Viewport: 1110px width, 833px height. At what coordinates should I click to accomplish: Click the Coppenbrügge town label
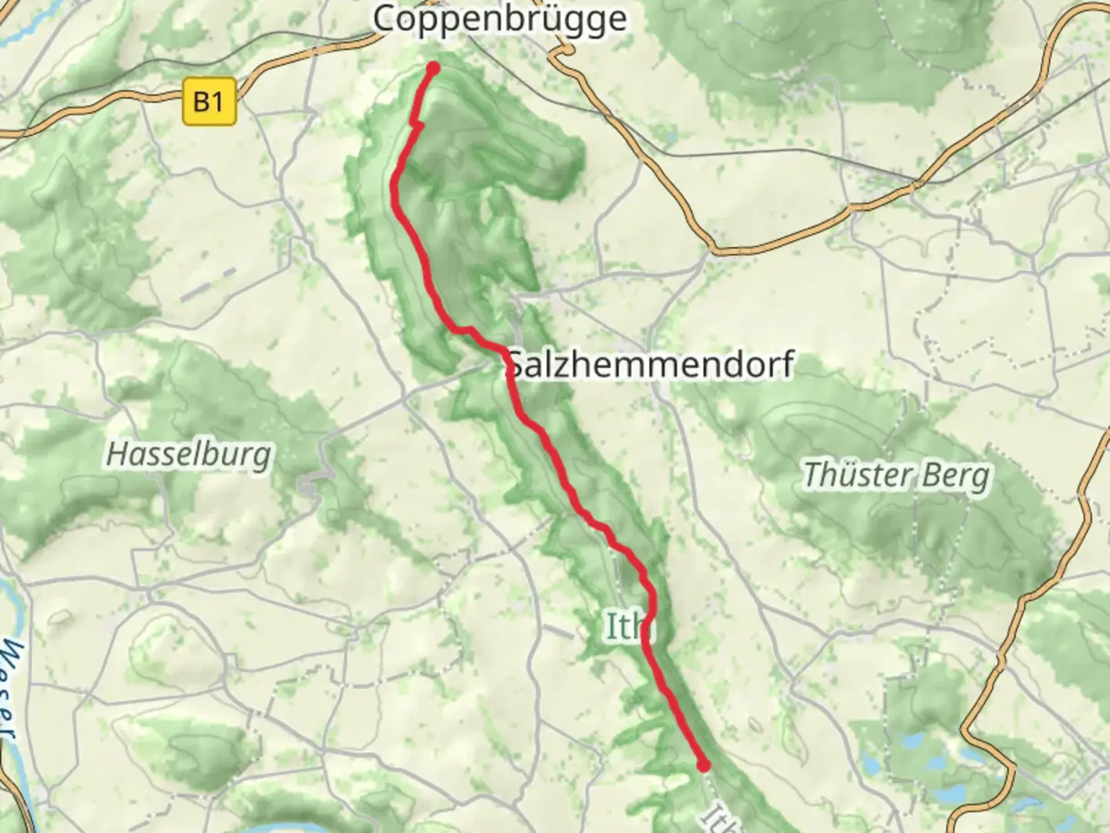[499, 19]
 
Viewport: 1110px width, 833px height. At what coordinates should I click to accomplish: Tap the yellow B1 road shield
[209, 101]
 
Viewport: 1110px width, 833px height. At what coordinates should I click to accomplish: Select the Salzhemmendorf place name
[651, 365]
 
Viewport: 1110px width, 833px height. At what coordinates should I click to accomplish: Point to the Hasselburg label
[189, 454]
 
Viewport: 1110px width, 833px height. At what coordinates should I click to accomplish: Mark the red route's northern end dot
[433, 69]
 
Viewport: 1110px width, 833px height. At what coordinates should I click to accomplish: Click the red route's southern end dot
[704, 765]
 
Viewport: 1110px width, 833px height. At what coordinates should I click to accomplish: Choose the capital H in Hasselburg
[116, 454]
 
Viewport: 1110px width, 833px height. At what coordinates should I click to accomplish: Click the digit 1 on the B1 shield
[217, 101]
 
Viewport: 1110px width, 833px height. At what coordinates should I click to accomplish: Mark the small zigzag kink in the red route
[417, 123]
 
